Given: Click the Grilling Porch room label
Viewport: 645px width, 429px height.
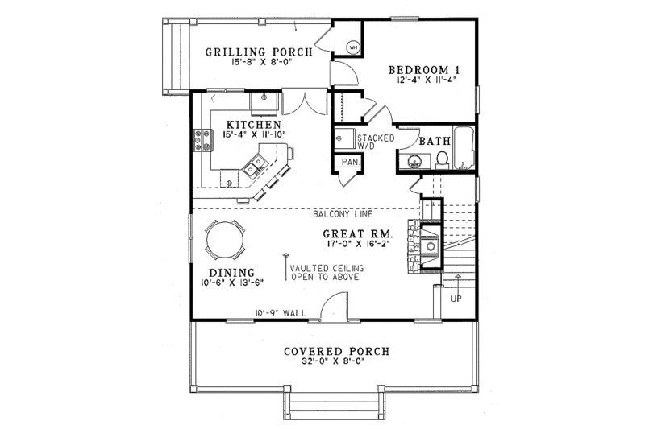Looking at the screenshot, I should coord(252,52).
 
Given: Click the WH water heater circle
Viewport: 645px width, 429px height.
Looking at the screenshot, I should coord(352,48).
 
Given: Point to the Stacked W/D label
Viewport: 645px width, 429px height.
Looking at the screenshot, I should coord(376,142).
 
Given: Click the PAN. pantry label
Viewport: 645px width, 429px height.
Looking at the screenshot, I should coord(350,162).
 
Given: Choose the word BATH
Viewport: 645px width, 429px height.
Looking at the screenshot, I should coord(434,141).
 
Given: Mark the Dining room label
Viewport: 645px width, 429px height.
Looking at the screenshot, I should coord(231,272).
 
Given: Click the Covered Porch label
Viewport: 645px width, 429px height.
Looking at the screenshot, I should coord(326,351).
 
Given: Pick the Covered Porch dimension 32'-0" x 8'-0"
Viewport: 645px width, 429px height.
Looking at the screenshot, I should coord(326,363).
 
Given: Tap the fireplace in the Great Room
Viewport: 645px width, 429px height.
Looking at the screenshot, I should coord(427,244).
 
